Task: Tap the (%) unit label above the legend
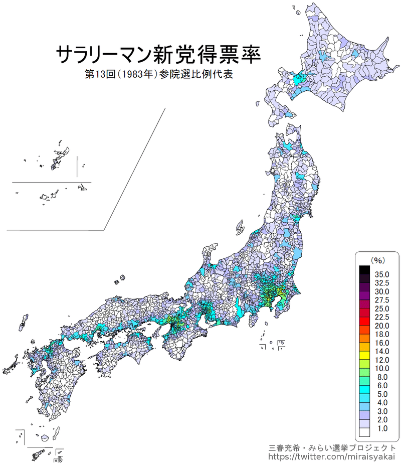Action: [x=377, y=260]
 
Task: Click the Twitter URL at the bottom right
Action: [x=332, y=456]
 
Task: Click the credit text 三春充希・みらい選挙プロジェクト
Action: [x=332, y=447]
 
